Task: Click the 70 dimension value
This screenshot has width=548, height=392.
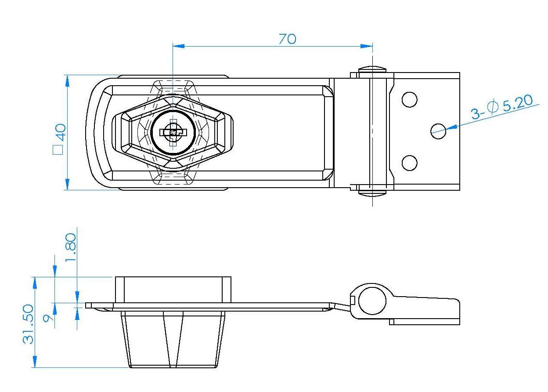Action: click(288, 39)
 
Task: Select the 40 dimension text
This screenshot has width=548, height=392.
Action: click(61, 132)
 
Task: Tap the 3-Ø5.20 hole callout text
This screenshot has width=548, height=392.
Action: click(501, 107)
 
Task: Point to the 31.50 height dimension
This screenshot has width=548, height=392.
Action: click(29, 324)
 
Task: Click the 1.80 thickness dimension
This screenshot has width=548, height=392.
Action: click(71, 247)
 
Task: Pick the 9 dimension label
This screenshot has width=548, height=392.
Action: click(48, 318)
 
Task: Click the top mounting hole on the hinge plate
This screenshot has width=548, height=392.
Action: click(410, 100)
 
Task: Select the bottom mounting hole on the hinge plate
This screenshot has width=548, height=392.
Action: click(410, 163)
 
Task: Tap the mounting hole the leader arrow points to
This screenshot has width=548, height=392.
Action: click(438, 131)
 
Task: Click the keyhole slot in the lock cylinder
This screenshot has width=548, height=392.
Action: click(173, 132)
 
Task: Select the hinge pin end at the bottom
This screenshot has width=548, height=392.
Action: click(372, 193)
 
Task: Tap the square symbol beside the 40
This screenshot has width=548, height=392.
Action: click(58, 150)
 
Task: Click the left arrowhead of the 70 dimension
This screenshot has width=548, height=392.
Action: click(179, 46)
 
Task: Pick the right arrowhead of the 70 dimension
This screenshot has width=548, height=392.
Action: click(367, 46)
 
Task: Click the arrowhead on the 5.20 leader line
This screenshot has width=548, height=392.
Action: click(451, 127)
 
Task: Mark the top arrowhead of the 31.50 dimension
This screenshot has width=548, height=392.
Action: click(35, 283)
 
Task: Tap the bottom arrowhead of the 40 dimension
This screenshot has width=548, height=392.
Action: click(67, 185)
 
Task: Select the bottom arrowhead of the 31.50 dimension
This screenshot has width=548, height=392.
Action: click(35, 361)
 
